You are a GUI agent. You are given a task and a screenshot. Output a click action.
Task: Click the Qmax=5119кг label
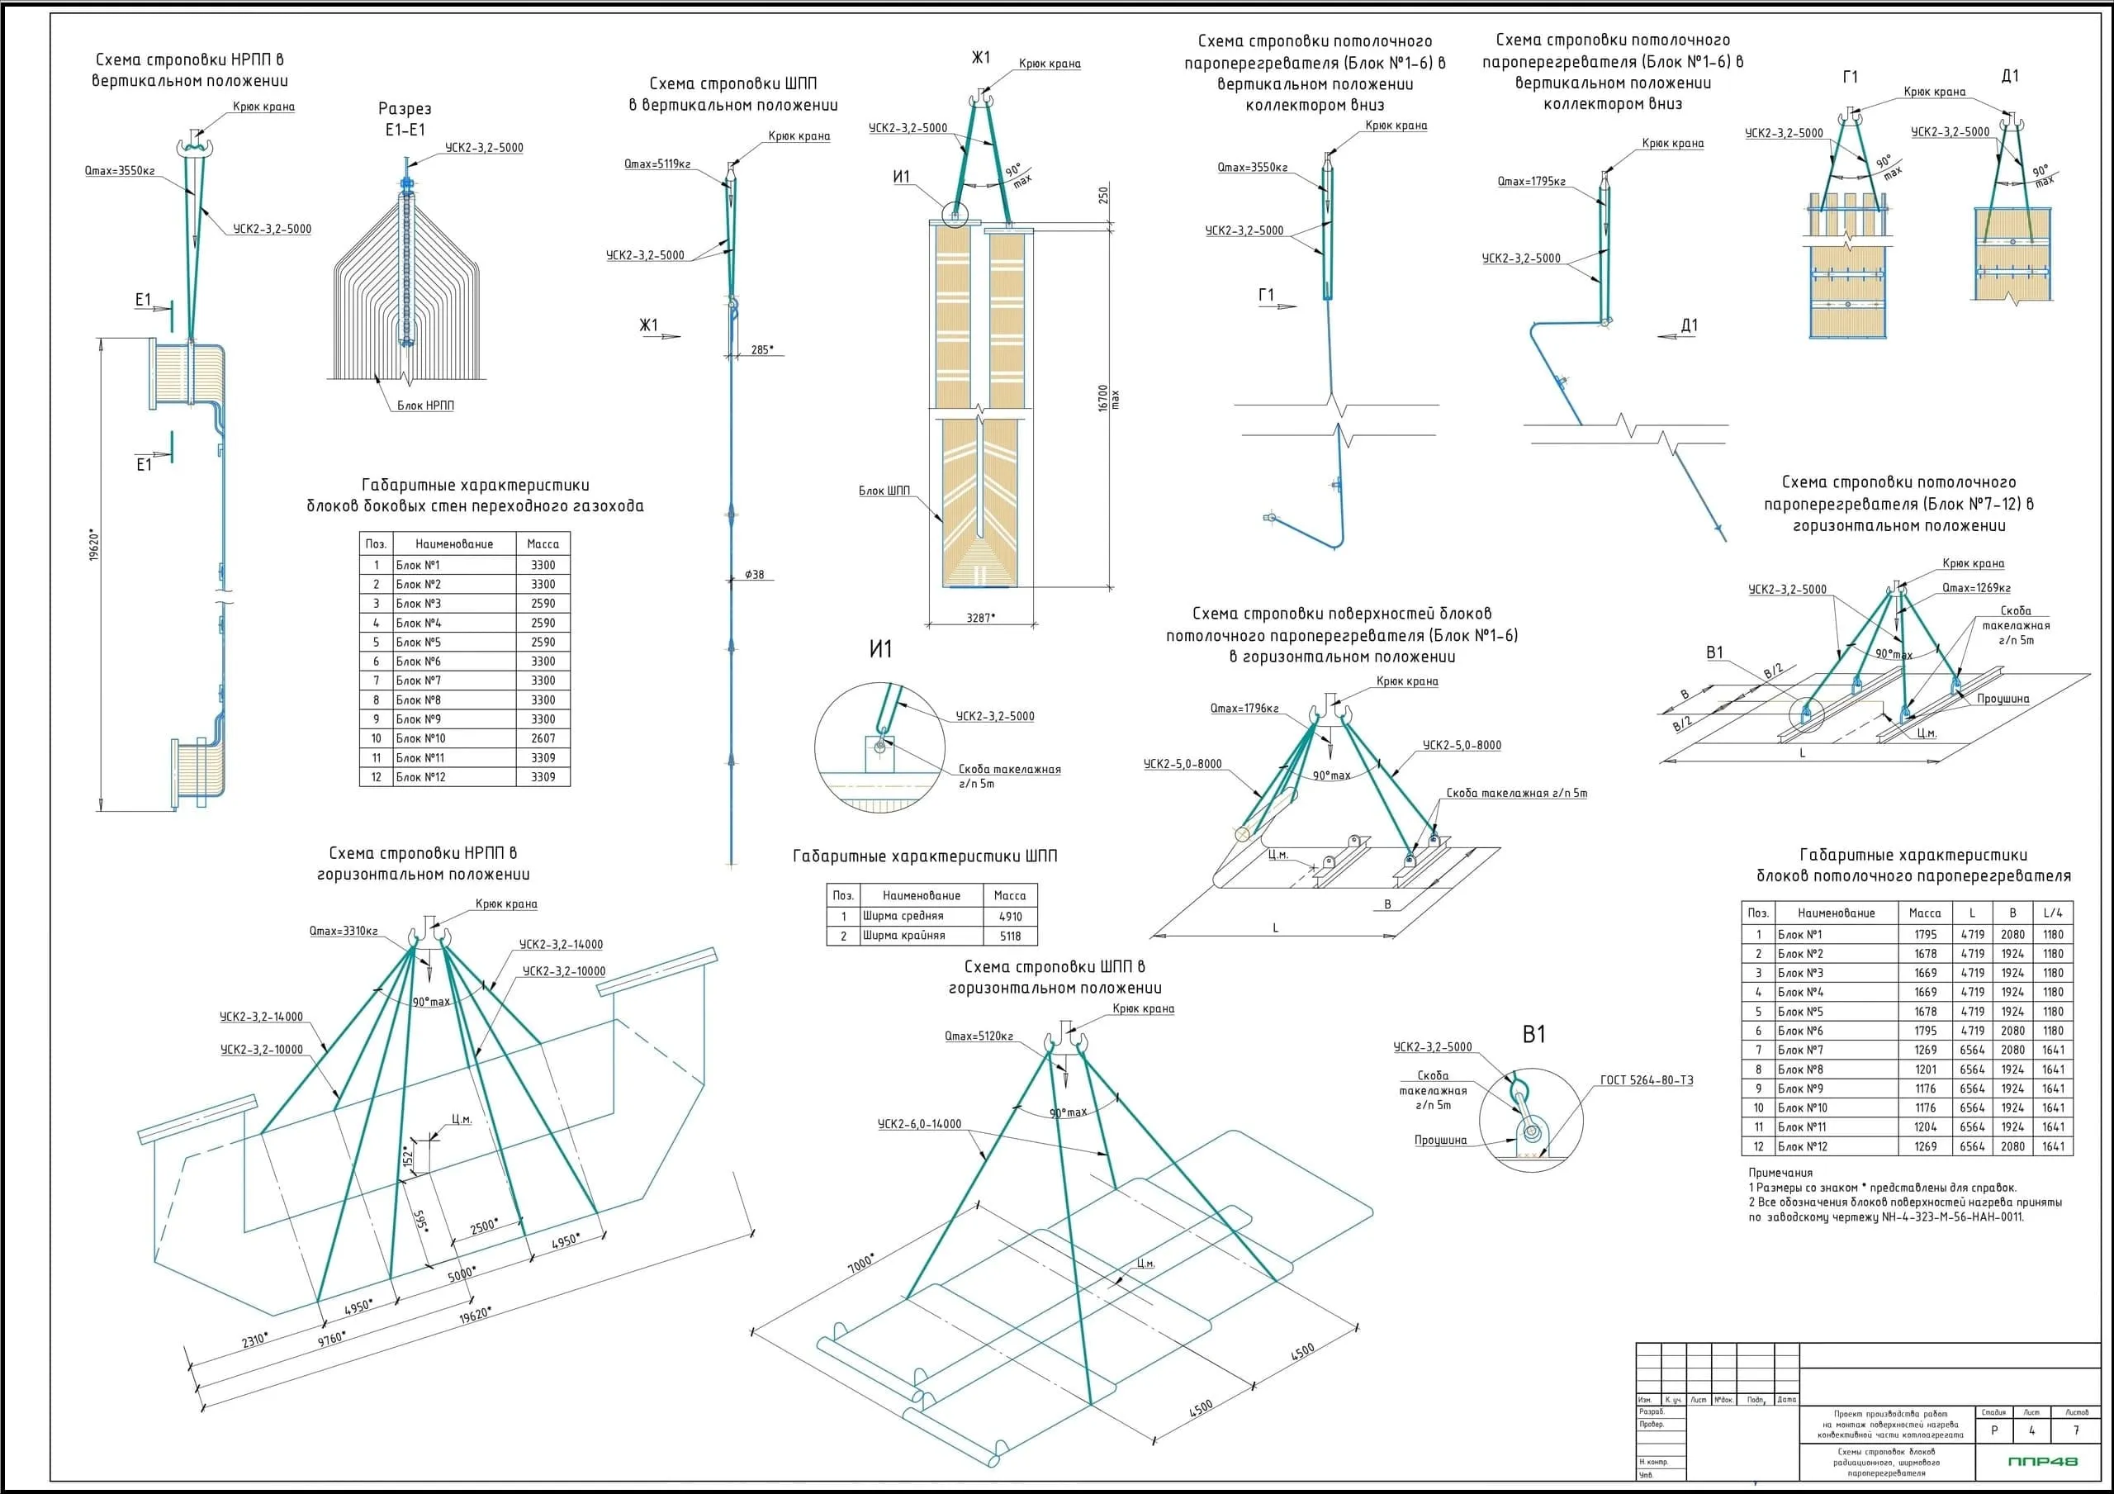point(656,164)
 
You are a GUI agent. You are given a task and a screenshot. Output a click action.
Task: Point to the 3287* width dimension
point(980,617)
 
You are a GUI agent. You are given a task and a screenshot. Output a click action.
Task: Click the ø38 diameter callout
point(754,575)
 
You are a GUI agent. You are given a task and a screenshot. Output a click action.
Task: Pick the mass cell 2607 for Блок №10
point(543,738)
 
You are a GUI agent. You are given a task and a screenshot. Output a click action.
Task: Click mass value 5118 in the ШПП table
point(1010,936)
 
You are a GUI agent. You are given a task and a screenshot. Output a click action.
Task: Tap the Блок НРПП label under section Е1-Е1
point(425,406)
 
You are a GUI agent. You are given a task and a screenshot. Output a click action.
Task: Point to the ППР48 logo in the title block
point(2042,1461)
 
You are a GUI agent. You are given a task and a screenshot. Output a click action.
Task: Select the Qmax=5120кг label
point(978,1036)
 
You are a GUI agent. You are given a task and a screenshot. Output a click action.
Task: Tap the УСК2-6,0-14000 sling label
point(919,1124)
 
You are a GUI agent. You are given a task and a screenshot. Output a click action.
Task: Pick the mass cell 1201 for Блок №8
point(1925,1070)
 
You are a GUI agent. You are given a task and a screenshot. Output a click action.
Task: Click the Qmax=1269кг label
point(1976,588)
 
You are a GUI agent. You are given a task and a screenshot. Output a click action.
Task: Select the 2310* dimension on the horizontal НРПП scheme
point(254,1340)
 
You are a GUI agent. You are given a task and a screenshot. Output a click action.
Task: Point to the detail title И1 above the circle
point(880,649)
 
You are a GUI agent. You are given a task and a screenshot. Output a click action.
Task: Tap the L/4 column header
point(2053,913)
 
